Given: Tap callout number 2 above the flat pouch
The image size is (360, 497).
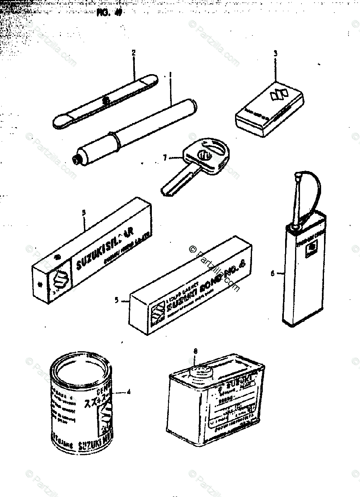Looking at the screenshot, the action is (134, 53).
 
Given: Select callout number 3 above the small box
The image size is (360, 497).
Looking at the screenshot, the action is (275, 53).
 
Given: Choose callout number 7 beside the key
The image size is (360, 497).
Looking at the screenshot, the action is (165, 158).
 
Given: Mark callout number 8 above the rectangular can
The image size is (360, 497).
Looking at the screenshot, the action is (195, 352).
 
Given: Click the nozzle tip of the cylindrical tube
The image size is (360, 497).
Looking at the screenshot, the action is (75, 159).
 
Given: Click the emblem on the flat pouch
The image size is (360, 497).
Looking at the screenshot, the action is (106, 100).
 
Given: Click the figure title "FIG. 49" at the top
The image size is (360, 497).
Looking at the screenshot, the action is (108, 12).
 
